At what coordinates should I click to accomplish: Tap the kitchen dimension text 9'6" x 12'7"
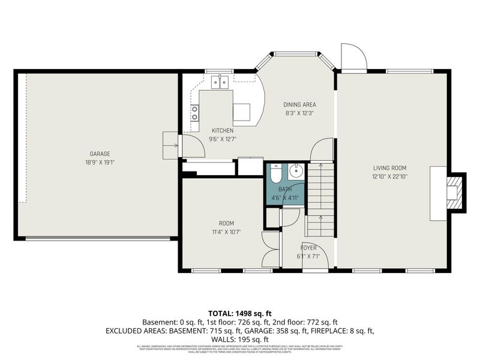(x=223, y=139)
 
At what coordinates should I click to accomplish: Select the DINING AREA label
(x=299, y=104)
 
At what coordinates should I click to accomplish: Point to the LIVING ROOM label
(x=389, y=168)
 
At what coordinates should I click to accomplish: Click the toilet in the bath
(x=275, y=174)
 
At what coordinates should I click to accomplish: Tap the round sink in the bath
(x=296, y=172)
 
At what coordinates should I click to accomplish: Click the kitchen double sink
(x=223, y=82)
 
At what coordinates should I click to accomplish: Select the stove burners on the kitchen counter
(x=195, y=113)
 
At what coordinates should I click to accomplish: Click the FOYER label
(x=309, y=247)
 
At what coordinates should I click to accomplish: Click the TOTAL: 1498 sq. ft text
(x=239, y=313)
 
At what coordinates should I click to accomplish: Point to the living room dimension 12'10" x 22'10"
(x=389, y=176)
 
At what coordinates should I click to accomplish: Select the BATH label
(x=284, y=189)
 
